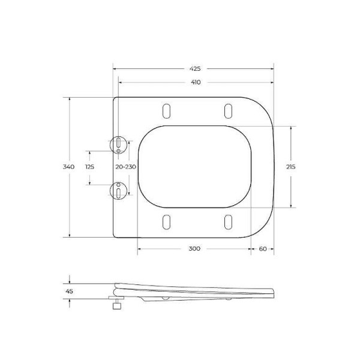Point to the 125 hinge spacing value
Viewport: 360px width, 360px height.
(89, 167)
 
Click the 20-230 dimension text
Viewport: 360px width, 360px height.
(126, 167)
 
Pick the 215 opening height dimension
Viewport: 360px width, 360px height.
(291, 167)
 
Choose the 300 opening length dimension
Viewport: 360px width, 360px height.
(194, 248)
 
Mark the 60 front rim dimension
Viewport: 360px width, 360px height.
(262, 248)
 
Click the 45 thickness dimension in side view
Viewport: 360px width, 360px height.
(69, 292)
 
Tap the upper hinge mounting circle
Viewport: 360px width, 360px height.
(119, 144)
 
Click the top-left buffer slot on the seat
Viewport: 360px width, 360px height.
(166, 111)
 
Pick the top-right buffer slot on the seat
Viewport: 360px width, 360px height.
(228, 111)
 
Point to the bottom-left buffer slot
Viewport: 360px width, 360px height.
(166, 221)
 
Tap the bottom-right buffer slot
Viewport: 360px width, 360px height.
(228, 221)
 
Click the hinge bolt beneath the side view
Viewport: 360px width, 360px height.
(115, 304)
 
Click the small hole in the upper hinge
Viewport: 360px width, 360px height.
(119, 151)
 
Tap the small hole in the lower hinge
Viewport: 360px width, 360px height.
(119, 183)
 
